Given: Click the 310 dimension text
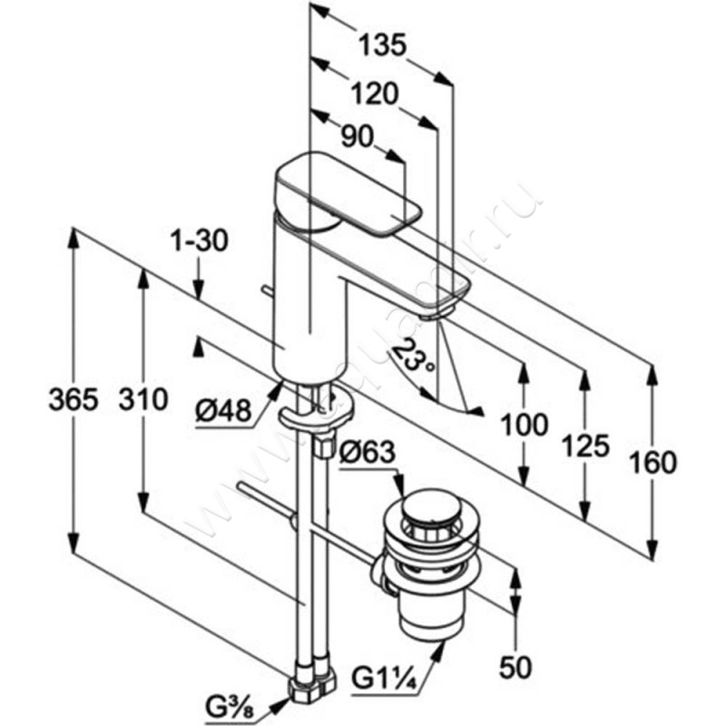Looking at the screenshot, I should click(142, 399).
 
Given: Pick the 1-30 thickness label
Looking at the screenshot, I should click(197, 241).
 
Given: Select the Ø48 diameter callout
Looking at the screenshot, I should click(221, 411).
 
